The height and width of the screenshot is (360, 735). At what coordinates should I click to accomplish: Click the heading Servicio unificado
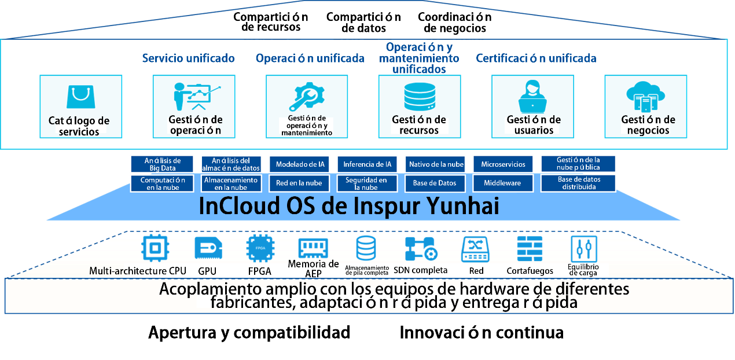pos(188,58)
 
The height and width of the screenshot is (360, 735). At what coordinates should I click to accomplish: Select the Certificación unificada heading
pos(536,58)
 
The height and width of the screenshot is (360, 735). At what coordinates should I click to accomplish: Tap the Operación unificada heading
pos(310,58)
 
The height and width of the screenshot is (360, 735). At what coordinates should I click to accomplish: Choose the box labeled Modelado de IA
pos(300,164)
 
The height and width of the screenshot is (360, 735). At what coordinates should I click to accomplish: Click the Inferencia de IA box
pos(367,164)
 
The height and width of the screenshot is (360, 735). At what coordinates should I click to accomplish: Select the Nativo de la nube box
pos(436,164)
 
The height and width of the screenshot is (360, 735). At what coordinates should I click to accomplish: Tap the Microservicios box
pos(504,164)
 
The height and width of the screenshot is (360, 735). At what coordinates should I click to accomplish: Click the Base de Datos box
pos(436,183)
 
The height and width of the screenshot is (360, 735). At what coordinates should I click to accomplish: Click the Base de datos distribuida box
pos(579,183)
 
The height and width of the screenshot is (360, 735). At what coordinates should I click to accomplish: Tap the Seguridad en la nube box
pos(367,183)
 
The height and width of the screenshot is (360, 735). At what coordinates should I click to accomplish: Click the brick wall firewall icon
pos(530,248)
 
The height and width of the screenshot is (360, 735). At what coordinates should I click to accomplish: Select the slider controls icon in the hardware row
pos(584,248)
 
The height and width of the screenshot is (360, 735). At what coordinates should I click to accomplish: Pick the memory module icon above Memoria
pos(313,248)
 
